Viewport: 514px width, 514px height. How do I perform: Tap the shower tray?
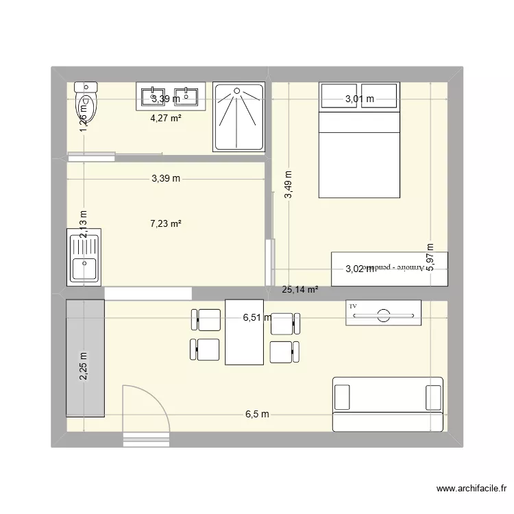pyautogui.click(x=238, y=117)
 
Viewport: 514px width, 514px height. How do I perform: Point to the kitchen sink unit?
pyautogui.click(x=84, y=256)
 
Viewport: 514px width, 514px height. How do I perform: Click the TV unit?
pyautogui.click(x=383, y=313)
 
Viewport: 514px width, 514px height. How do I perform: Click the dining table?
pyautogui.click(x=244, y=332)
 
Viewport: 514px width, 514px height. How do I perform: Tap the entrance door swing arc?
pyautogui.click(x=145, y=410)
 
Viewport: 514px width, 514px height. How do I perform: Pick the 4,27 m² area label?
pyautogui.click(x=166, y=117)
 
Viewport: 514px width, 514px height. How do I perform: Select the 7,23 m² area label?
pyautogui.click(x=166, y=223)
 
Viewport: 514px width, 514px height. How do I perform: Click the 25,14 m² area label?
pyautogui.click(x=300, y=290)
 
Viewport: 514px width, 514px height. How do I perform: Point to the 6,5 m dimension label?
pyautogui.click(x=258, y=414)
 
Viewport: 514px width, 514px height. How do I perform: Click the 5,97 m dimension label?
pyautogui.click(x=430, y=258)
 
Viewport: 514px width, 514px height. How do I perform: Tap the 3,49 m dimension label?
pyautogui.click(x=289, y=185)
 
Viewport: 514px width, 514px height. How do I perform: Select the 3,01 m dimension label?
pyautogui.click(x=359, y=99)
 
